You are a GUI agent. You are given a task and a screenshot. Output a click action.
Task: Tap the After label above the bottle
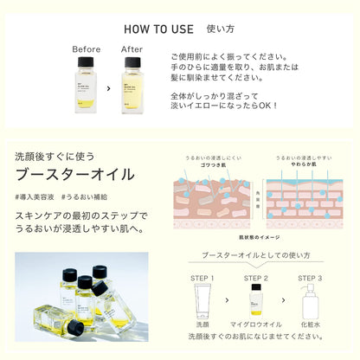click(x=132, y=49)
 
